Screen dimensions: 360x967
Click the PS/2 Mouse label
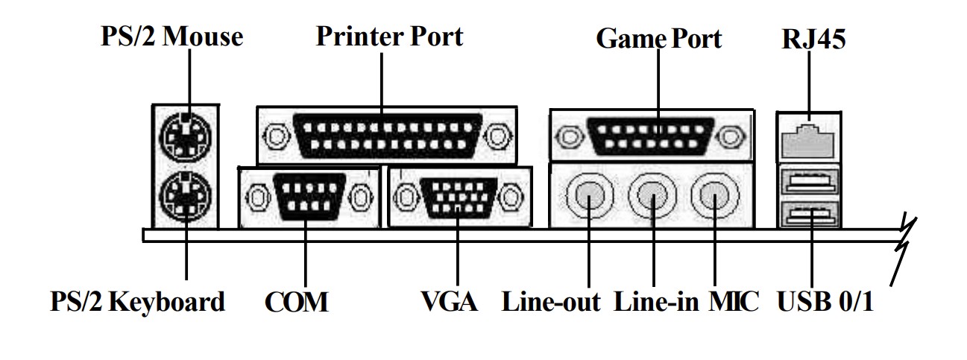[x=172, y=37]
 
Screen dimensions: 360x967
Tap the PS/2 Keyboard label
[x=137, y=302]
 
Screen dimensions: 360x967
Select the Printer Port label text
[x=389, y=37]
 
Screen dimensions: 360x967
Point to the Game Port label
[x=658, y=39]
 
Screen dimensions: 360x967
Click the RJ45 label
[x=813, y=40]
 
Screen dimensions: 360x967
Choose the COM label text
[x=296, y=302]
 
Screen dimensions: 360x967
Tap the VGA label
[x=449, y=302]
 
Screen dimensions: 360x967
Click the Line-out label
[x=551, y=302]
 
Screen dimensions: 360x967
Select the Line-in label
[x=657, y=302]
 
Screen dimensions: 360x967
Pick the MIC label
[x=735, y=302]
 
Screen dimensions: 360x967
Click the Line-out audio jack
[x=589, y=196]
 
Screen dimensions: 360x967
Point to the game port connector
[x=651, y=136]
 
